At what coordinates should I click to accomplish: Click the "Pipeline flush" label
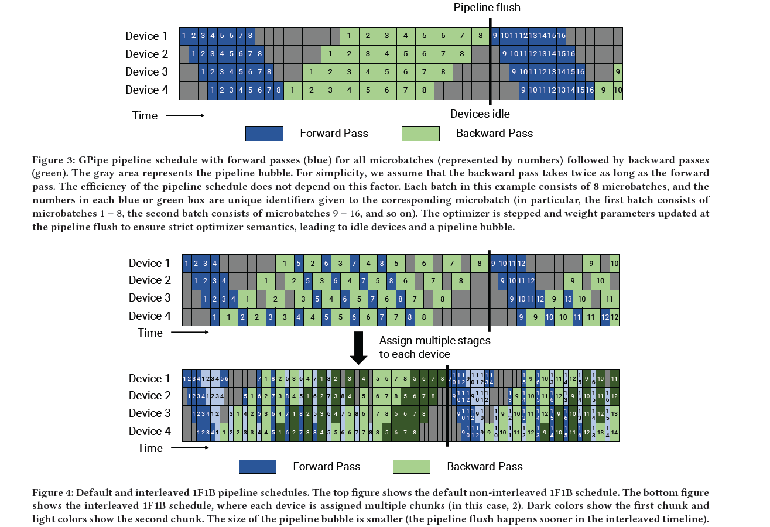coord(487,8)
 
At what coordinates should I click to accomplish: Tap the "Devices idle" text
coord(480,114)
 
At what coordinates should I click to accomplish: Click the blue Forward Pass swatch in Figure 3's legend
coord(264,134)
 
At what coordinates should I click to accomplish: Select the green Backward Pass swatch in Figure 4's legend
coord(412,467)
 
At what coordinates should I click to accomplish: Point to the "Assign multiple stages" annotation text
coord(434,340)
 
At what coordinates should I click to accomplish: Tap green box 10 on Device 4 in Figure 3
coord(618,90)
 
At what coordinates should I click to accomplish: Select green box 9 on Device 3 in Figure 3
coord(618,72)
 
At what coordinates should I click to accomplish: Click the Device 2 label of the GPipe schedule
coord(146,54)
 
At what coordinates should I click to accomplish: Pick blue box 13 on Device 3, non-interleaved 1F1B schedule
coord(568,299)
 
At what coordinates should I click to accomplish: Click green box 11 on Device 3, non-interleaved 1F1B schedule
coord(610,299)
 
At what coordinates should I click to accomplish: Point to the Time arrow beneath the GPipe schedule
coord(185,115)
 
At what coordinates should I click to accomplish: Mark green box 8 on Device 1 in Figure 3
coord(480,36)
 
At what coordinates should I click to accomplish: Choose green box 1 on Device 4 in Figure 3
coord(292,90)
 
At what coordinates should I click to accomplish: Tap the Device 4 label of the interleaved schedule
coord(150,432)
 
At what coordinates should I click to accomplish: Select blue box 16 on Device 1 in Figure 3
coord(561,36)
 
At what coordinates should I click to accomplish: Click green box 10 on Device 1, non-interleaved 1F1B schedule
coord(614,263)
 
